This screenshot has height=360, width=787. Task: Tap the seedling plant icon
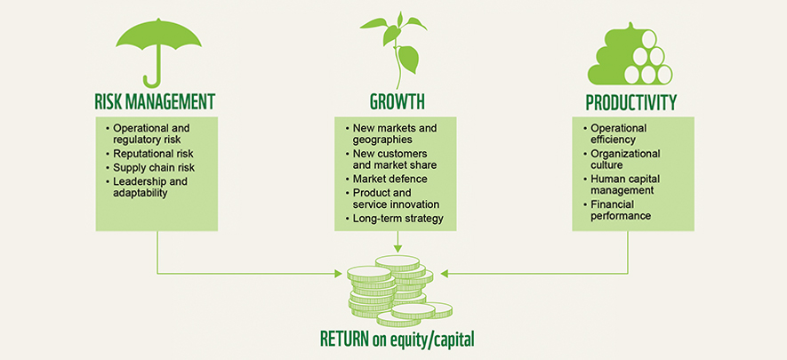click(397, 49)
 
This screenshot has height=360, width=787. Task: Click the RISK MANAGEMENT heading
click(155, 102)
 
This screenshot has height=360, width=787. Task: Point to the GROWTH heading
click(397, 102)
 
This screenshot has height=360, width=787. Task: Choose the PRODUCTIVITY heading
click(630, 102)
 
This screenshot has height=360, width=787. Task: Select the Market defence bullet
click(389, 179)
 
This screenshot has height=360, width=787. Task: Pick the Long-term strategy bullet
click(398, 218)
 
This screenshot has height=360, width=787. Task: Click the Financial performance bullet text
click(621, 210)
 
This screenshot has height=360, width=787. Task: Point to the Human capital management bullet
click(625, 184)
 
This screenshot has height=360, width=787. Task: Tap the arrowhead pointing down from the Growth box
click(397, 248)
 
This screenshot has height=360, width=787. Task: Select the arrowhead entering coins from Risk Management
click(338, 274)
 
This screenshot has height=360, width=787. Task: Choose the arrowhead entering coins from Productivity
click(444, 274)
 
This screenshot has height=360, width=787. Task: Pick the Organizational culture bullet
click(625, 158)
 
